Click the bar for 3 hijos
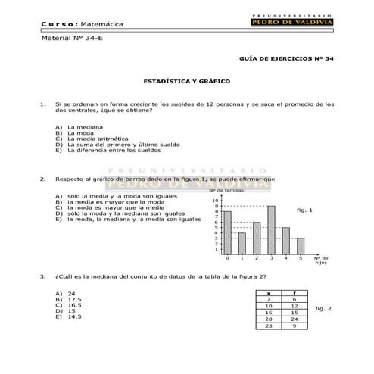pyautogui.click(x=271, y=230)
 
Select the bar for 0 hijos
pyautogui.click(x=227, y=232)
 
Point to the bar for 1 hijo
pyautogui.click(x=242, y=243)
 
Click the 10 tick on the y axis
pyautogui.click(x=217, y=200)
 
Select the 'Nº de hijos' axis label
pyautogui.click(x=319, y=261)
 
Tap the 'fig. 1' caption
pyautogui.click(x=305, y=210)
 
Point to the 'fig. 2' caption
pyautogui.click(x=323, y=308)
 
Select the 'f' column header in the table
pyautogui.click(x=294, y=292)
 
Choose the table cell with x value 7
pyautogui.click(x=269, y=299)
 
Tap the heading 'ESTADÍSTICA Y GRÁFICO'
pyautogui.click(x=186, y=80)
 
